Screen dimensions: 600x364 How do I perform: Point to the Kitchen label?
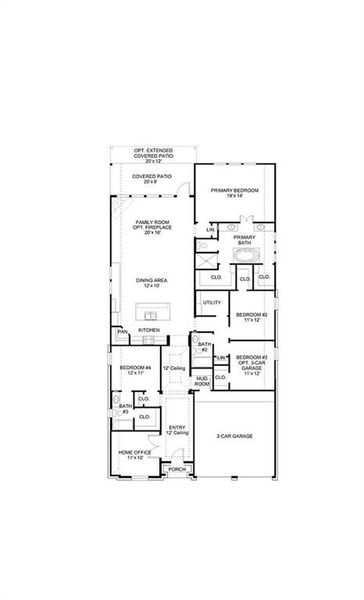click(x=149, y=329)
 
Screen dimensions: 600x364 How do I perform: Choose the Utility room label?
click(x=212, y=302)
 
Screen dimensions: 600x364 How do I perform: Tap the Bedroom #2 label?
click(x=251, y=318)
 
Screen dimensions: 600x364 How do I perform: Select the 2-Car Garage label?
click(x=233, y=437)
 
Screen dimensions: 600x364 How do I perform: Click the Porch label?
click(x=176, y=469)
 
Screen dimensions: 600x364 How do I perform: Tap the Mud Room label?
click(x=202, y=381)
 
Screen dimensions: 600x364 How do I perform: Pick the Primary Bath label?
click(x=245, y=240)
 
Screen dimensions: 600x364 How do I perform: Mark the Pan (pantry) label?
click(x=121, y=331)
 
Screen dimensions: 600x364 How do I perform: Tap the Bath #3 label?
click(x=125, y=410)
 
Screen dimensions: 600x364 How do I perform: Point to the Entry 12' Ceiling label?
click(x=177, y=430)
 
